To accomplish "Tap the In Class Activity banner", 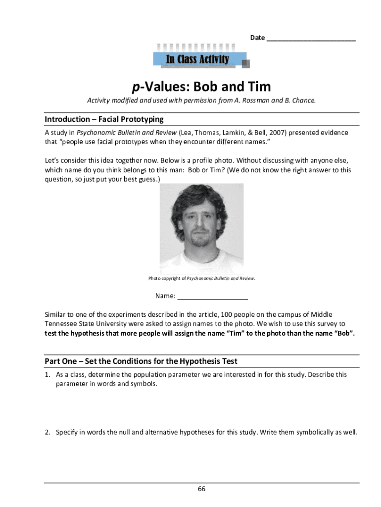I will (197, 60).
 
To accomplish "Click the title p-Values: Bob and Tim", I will (201, 87).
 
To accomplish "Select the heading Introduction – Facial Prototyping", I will (104, 119).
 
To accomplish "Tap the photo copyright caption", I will (202, 278).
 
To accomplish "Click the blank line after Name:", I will (212, 297).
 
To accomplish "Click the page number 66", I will (201, 489).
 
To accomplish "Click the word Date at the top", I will (257, 38).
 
